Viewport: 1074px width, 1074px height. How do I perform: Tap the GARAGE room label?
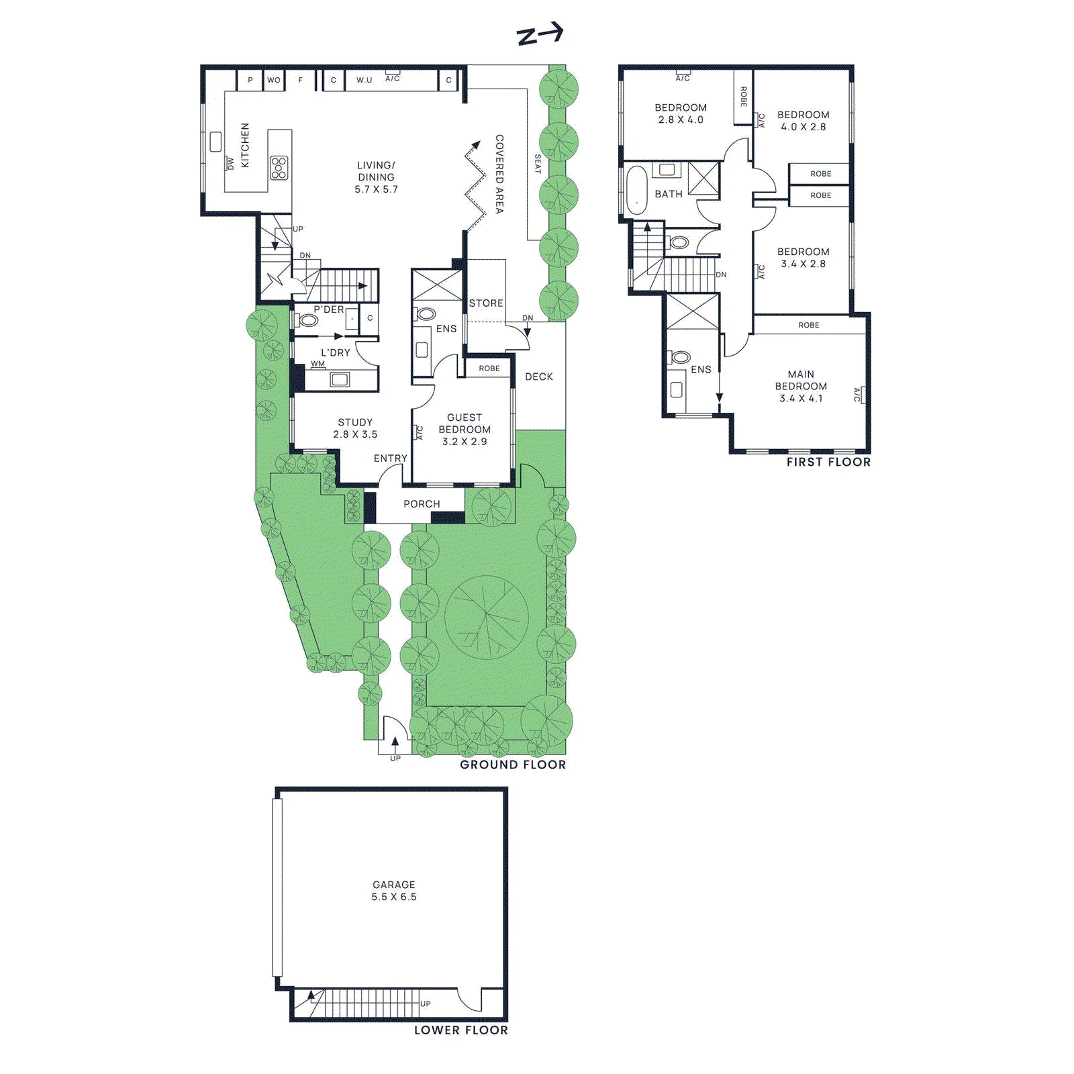394,891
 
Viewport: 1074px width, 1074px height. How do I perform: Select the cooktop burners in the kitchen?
279,168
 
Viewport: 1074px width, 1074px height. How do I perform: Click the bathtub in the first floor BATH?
636,190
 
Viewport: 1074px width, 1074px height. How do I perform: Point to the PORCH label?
422,504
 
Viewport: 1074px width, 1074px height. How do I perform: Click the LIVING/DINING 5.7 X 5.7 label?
376,177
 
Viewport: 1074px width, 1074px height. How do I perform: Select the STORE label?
486,303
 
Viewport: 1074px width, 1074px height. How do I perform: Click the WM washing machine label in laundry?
318,364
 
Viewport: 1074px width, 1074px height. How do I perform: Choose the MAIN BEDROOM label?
801,386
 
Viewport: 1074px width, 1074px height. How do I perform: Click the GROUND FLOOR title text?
513,765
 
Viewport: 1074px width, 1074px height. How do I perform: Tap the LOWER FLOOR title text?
461,1030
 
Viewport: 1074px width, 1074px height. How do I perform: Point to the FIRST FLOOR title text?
828,462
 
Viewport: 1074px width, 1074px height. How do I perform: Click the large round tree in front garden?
487,616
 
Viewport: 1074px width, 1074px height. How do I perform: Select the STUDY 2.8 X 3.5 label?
355,428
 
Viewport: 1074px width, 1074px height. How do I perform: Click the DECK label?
539,377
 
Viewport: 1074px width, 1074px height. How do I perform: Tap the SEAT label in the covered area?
538,164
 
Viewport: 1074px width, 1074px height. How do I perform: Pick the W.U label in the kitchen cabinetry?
364,80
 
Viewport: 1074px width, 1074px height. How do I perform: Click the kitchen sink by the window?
215,142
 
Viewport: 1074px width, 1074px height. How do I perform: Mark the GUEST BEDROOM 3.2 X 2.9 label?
465,430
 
